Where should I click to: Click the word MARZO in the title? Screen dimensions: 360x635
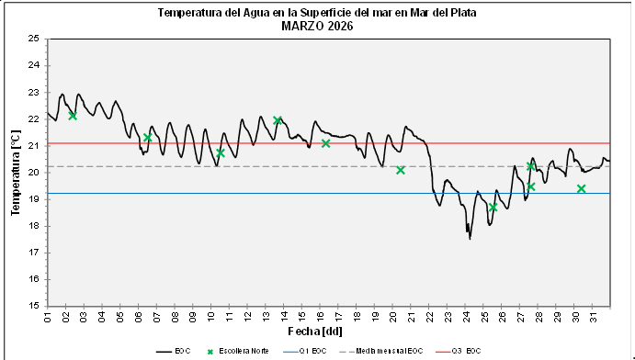click(300, 27)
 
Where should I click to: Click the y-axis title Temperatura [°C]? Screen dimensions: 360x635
click(16, 172)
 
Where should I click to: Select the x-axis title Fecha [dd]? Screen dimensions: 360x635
click(328, 331)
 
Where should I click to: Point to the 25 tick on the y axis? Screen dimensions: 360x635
click(33, 39)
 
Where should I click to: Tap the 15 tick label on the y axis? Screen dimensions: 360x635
click(33, 306)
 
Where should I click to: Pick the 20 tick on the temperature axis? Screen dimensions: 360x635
click(33, 172)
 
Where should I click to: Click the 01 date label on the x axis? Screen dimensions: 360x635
click(48, 318)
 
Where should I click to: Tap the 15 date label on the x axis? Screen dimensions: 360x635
click(302, 318)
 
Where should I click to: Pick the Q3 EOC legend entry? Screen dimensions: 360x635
click(466, 351)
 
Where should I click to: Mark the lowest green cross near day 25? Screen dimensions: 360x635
click(493, 208)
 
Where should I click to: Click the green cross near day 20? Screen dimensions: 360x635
click(401, 170)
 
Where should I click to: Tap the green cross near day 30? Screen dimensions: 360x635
click(582, 188)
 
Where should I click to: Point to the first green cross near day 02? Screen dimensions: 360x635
click(73, 116)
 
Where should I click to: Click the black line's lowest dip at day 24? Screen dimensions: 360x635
click(470, 238)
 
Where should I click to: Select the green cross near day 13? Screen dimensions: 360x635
click(278, 120)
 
